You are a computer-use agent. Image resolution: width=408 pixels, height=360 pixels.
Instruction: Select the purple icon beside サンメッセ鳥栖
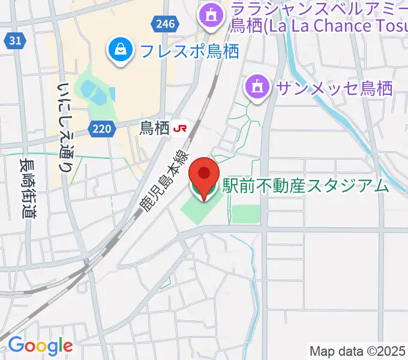(258, 88)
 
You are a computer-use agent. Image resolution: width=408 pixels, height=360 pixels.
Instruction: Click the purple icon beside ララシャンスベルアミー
(211, 17)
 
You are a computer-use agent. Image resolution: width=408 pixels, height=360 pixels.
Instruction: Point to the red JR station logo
(179, 127)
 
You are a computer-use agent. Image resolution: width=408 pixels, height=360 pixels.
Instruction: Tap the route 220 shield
(103, 128)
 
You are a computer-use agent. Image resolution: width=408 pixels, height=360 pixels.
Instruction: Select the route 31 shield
(16, 41)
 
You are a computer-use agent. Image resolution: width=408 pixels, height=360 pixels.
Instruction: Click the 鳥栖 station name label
(154, 127)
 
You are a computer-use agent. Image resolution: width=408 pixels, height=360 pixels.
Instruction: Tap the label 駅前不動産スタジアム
(306, 186)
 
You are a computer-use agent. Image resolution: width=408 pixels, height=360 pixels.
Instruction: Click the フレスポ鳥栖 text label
(189, 50)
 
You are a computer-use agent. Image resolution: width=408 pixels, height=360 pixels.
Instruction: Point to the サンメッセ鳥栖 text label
(334, 88)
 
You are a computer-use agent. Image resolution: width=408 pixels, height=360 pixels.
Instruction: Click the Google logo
(40, 346)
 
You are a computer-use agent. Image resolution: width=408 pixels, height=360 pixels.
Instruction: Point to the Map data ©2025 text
(358, 350)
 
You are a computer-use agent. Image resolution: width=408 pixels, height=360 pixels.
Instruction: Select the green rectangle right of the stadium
(246, 214)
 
